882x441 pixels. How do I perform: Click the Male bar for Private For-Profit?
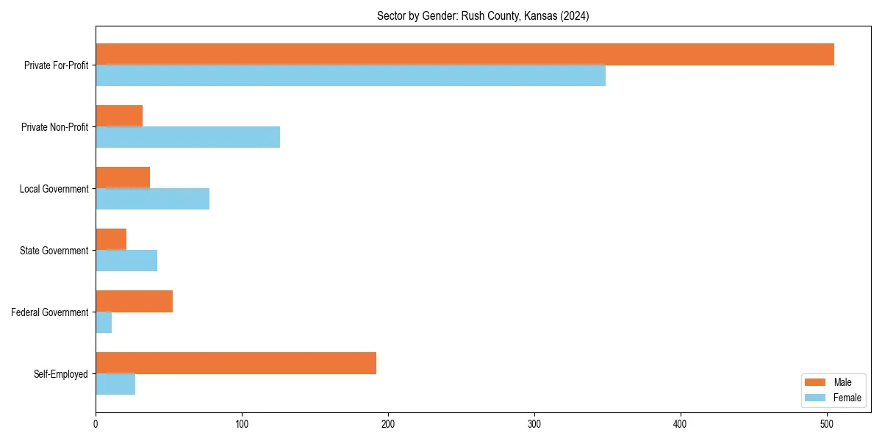465,54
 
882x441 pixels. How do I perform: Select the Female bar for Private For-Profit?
351,76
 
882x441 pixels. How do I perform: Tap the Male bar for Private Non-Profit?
119,116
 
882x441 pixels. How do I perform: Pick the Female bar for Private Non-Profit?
187,137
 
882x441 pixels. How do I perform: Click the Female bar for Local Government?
152,199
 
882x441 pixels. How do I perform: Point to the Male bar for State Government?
111,240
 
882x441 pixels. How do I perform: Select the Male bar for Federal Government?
134,301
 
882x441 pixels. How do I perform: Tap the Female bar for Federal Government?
104,323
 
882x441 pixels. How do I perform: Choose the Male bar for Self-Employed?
236,363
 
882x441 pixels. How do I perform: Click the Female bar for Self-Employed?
115,384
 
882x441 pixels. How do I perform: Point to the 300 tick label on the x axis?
534,424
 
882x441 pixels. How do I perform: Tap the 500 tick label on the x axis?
827,424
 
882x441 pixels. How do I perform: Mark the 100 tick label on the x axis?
242,424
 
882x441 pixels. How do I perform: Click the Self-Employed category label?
61,374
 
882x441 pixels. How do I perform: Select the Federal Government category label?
50,312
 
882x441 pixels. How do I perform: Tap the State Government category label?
54,251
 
